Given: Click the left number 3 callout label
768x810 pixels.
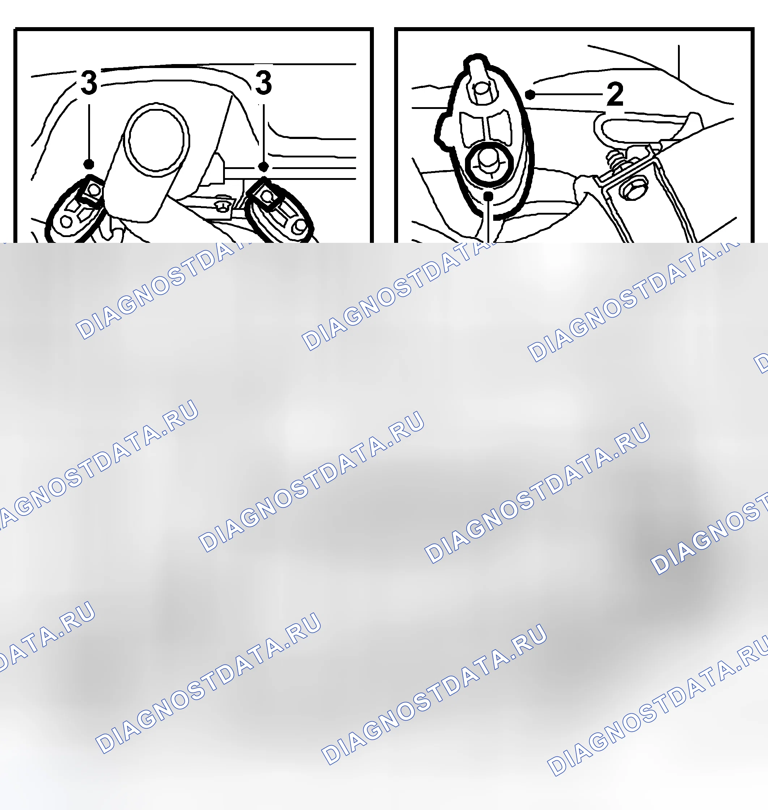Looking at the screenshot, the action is (89, 83).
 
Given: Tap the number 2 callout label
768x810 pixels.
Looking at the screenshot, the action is (615, 94).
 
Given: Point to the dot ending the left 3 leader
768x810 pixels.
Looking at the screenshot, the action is (89, 164).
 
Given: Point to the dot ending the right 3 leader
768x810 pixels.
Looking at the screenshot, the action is (264, 167).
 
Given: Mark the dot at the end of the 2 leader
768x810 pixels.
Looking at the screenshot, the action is (530, 94).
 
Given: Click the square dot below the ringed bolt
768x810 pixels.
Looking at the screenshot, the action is (488, 196).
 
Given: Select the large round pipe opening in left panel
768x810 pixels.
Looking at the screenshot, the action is (156, 139).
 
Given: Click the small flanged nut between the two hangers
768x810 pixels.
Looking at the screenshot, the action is (222, 204).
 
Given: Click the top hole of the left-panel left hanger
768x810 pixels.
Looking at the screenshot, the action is (94, 189).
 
